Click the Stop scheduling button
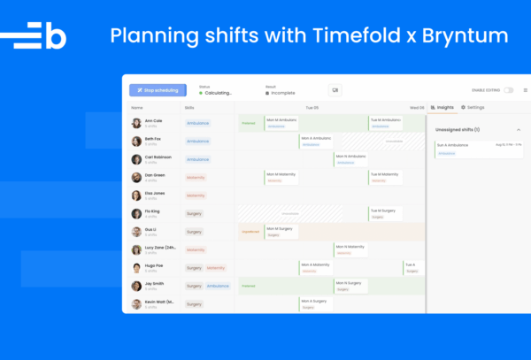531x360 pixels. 158,90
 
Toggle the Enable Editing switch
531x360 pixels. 508,90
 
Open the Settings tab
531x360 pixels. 473,107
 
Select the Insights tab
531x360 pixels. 442,107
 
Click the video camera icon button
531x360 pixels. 335,90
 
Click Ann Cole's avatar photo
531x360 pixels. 136,123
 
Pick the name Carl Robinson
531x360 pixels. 158,157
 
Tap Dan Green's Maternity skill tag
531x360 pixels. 196,177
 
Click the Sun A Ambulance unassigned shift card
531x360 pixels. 473,149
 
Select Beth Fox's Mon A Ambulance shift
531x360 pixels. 317,141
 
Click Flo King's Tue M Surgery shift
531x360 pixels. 384,213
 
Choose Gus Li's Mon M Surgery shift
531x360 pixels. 281,232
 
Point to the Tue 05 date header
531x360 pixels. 312,107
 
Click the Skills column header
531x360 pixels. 189,107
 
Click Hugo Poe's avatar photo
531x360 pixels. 136,267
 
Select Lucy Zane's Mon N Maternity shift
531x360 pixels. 350,249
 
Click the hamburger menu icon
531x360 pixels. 525,90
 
